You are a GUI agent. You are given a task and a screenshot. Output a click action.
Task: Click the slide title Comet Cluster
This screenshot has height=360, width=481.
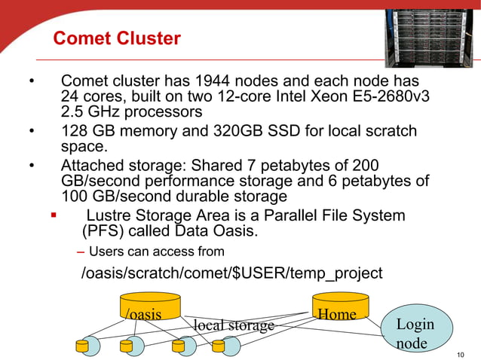116,38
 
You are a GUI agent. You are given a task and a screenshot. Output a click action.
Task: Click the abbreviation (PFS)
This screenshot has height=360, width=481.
103,230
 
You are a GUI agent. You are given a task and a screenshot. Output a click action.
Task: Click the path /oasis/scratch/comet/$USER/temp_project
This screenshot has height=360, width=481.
231,273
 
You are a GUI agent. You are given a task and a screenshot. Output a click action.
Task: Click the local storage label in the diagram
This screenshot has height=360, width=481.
234,325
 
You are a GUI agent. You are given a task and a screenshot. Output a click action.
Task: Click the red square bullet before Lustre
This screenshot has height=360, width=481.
54,216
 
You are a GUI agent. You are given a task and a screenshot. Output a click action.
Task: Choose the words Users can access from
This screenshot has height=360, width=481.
155,251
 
